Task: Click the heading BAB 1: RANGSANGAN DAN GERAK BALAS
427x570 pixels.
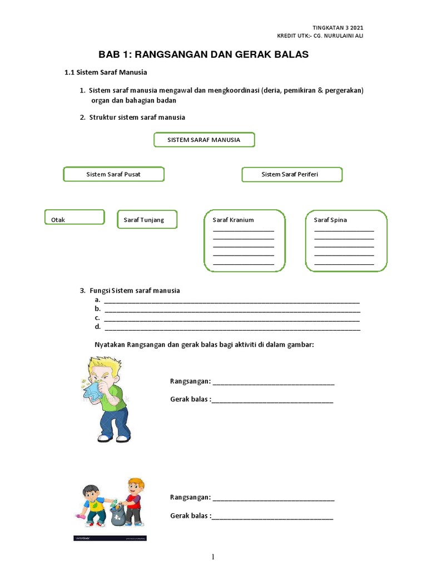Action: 203,55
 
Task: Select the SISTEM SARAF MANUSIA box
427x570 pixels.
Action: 203,140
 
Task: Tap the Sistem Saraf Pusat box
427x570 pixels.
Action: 113,174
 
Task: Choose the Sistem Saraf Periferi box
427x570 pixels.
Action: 291,175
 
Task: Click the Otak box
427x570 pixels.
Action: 74,217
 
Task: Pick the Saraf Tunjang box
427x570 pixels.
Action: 147,220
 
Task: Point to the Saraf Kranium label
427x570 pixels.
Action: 233,220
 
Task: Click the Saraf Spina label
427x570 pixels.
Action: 330,220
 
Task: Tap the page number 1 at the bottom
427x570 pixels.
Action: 213,557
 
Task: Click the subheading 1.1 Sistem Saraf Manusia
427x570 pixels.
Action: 106,72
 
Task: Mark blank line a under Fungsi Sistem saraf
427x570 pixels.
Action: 231,301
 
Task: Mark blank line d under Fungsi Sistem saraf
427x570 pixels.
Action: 231,328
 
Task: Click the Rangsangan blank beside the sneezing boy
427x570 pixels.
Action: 273,382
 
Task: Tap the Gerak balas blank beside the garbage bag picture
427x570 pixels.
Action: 272,516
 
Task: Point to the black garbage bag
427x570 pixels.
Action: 118,515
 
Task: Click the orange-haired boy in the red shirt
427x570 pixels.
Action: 133,501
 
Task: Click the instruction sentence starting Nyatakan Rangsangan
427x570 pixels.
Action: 204,345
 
